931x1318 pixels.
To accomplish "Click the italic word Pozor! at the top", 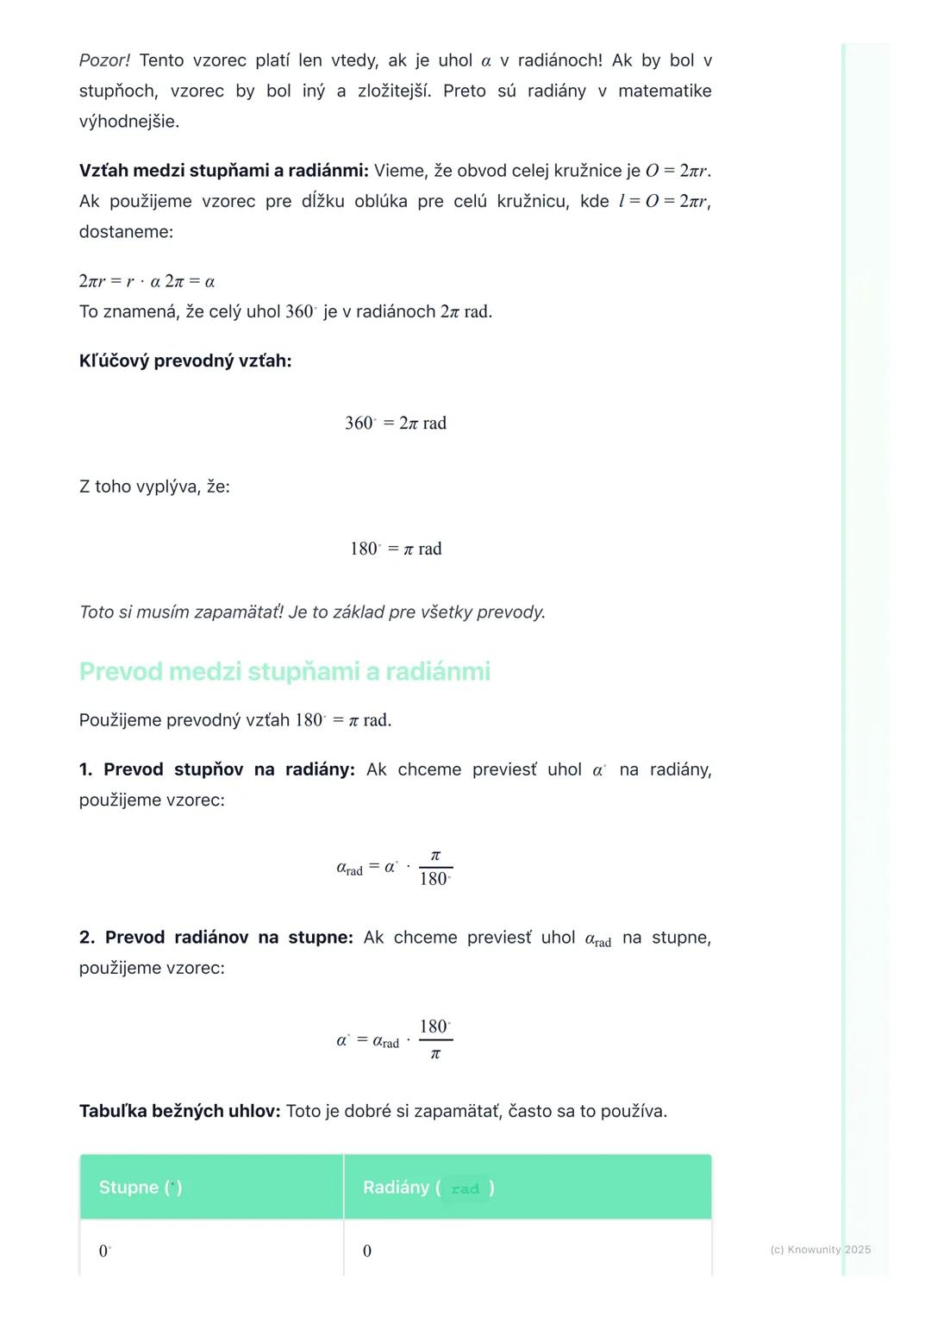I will click(104, 60).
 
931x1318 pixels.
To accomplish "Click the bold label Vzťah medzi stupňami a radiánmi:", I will click(223, 171).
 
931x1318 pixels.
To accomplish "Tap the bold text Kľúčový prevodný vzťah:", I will click(185, 361).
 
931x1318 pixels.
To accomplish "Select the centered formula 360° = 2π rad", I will click(396, 423).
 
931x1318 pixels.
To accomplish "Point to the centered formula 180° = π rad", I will click(396, 549).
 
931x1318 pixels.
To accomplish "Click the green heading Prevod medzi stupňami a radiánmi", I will click(284, 671).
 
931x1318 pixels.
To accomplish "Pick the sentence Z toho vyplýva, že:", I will click(154, 486).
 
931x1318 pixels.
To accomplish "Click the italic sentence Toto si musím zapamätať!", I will click(181, 612).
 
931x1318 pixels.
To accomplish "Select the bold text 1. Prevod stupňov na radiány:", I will click(217, 769).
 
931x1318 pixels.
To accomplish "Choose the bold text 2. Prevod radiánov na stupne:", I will click(216, 938).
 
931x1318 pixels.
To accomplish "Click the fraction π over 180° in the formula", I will click(435, 868).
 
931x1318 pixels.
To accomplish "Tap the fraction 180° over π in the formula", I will click(435, 1039).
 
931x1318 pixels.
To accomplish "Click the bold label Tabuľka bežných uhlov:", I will click(179, 1111).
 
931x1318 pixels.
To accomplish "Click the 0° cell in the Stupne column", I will click(105, 1251).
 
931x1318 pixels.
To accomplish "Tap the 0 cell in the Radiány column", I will click(367, 1251).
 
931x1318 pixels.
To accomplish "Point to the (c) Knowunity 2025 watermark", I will click(820, 1249).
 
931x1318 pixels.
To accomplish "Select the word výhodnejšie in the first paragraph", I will click(129, 122).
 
